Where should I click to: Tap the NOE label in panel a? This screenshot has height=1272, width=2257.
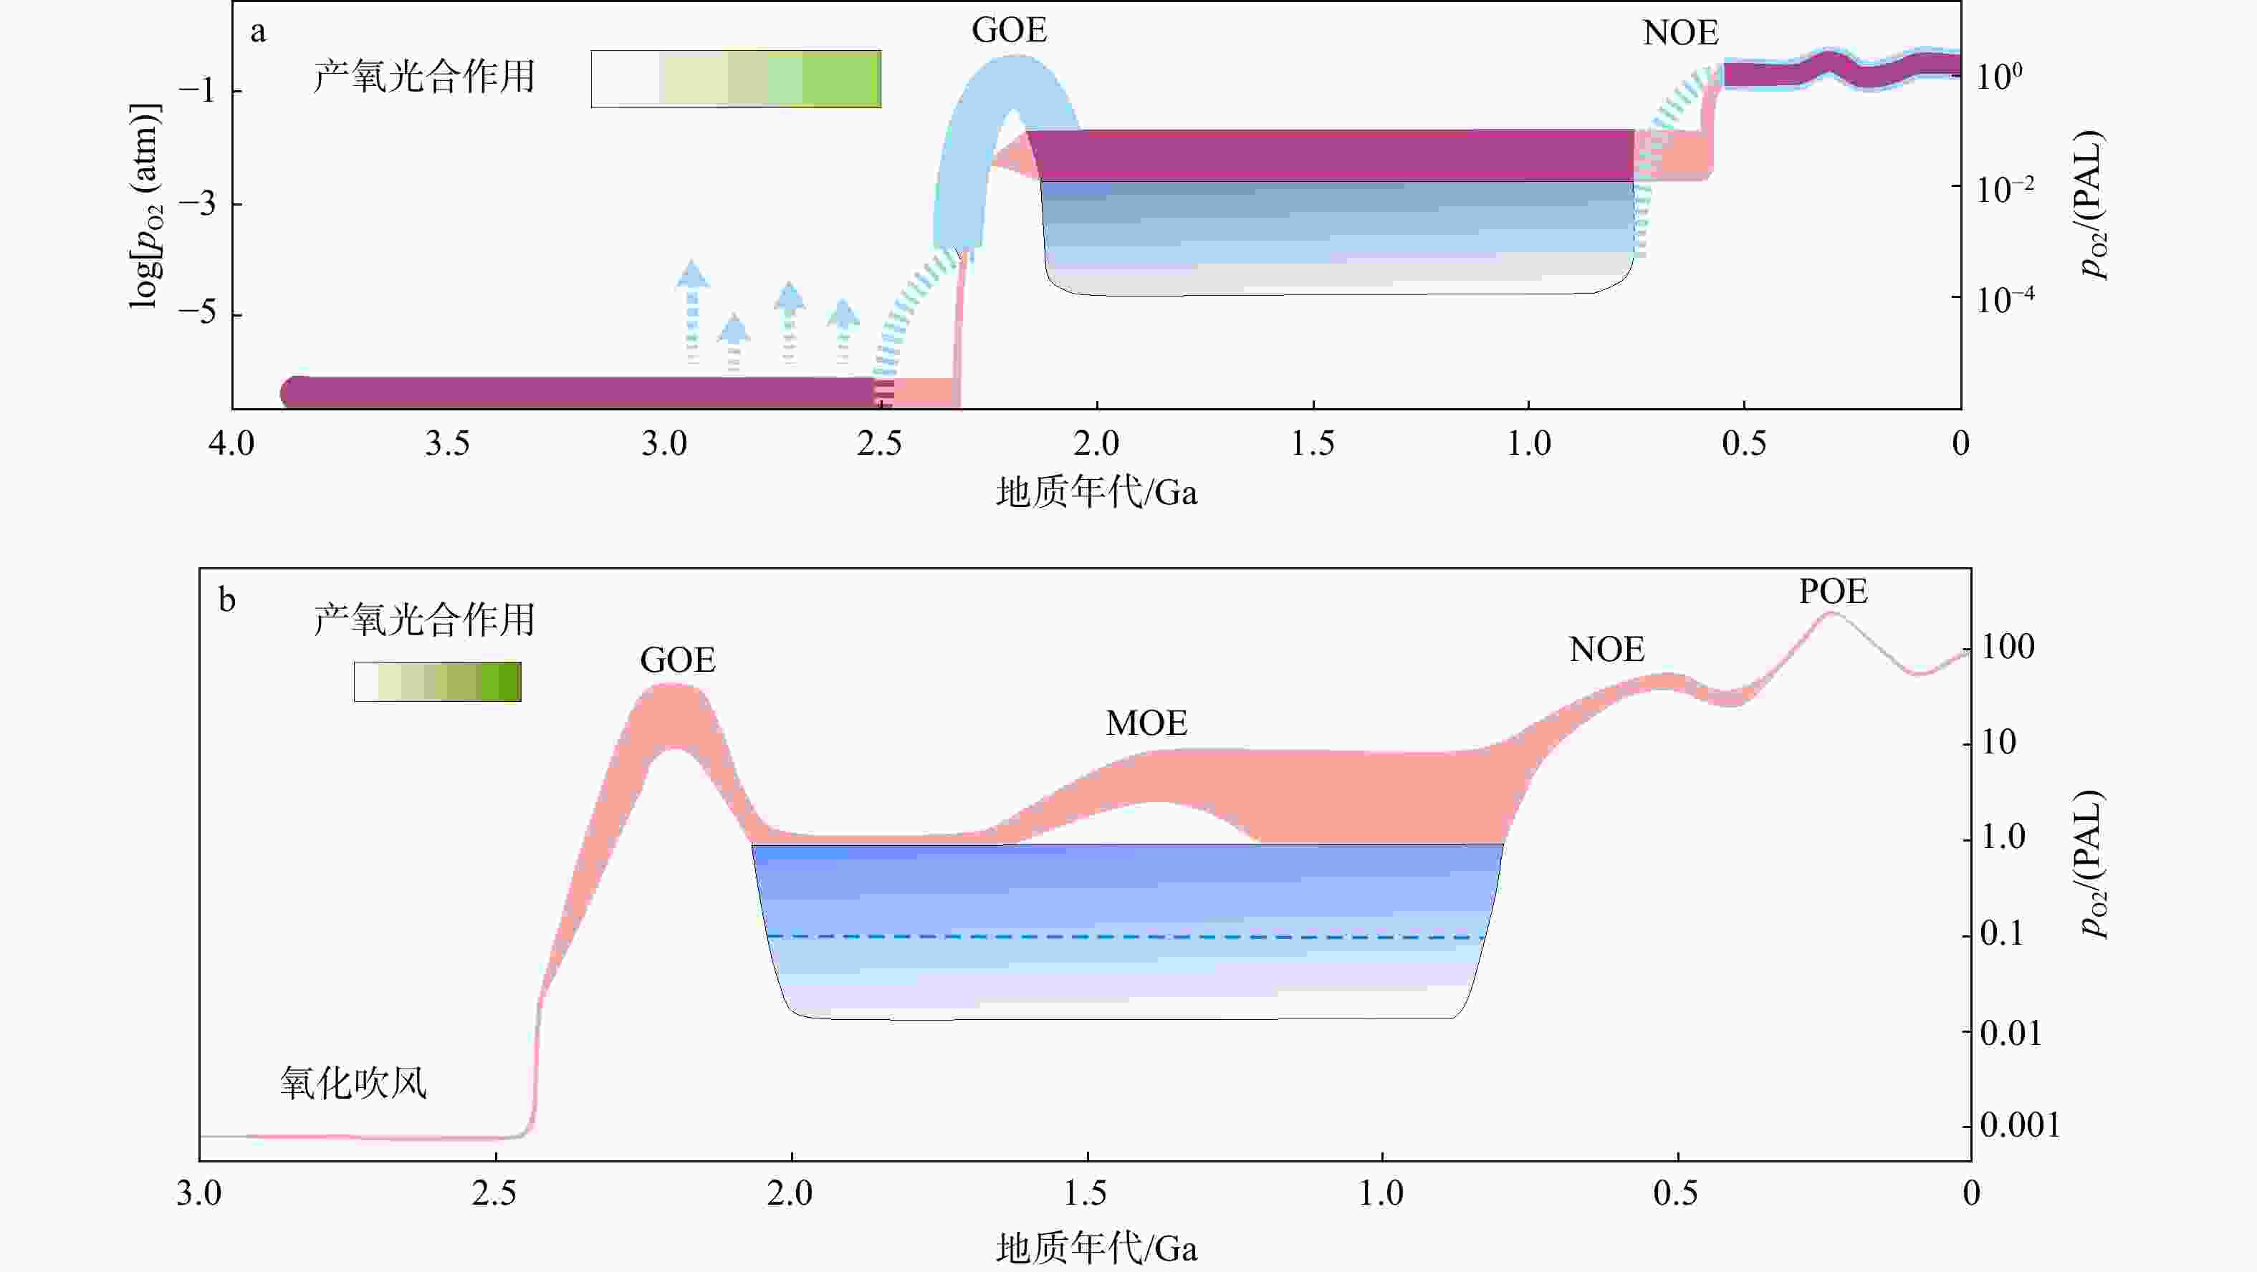(x=1679, y=33)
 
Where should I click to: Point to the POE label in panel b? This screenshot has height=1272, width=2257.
(x=1833, y=592)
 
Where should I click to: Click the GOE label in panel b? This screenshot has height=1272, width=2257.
(x=677, y=660)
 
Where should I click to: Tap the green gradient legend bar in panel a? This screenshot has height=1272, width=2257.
(x=735, y=79)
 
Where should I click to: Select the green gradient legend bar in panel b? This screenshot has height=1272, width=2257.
(x=437, y=682)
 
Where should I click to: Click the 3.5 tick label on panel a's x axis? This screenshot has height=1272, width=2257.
(x=447, y=444)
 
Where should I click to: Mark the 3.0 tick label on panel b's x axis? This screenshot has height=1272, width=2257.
(x=199, y=1194)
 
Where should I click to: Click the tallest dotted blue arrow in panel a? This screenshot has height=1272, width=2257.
(x=692, y=311)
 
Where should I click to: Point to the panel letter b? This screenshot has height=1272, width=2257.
(x=227, y=601)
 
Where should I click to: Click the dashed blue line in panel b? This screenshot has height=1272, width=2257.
(x=1126, y=938)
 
